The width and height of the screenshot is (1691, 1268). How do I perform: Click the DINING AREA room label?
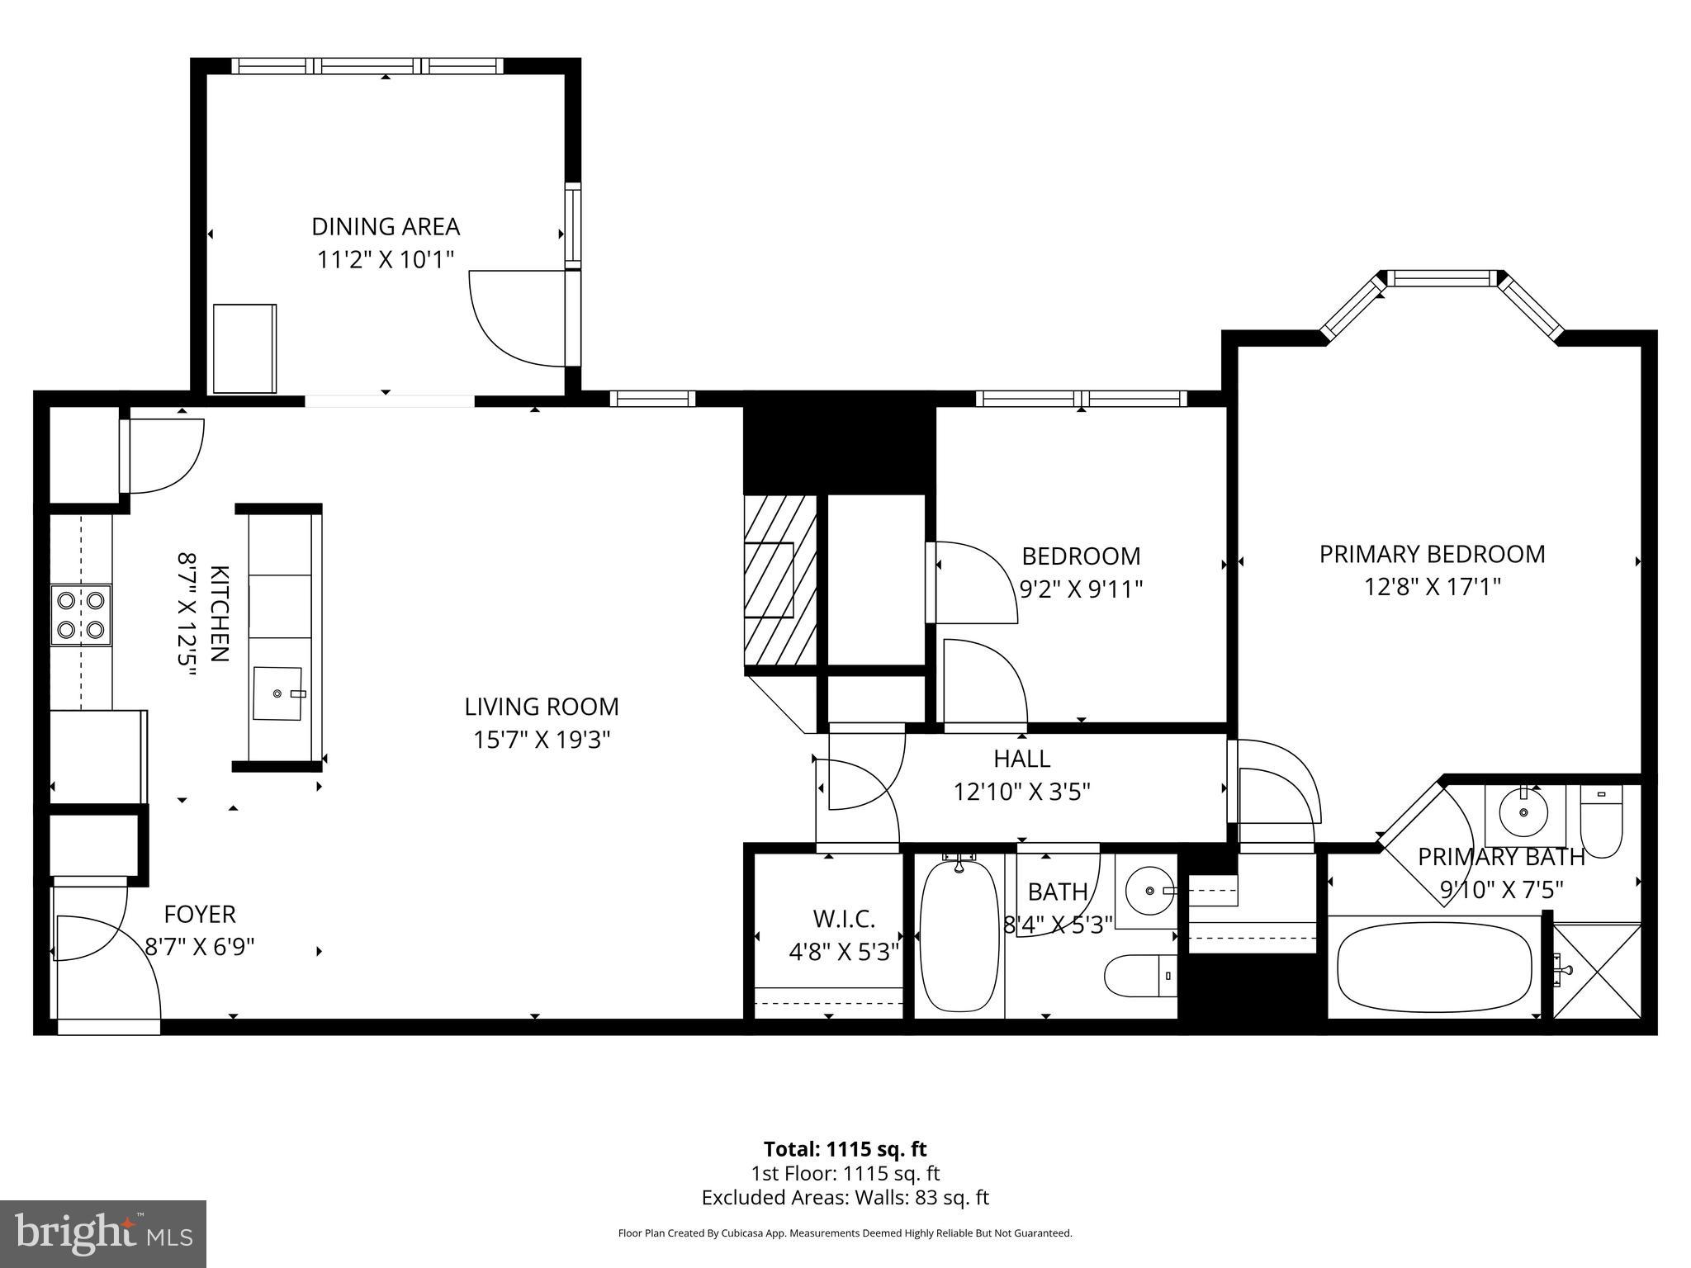(385, 226)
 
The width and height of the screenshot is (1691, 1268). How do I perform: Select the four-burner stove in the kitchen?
(81, 615)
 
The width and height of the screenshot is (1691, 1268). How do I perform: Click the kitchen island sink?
(278, 693)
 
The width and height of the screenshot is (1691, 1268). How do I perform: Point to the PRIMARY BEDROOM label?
(1432, 554)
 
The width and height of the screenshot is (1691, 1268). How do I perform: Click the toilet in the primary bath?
(1602, 821)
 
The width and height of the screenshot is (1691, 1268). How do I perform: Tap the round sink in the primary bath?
(1523, 812)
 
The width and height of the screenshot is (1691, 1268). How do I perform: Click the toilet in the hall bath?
(1140, 976)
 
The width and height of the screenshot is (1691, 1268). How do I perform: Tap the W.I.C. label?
(844, 918)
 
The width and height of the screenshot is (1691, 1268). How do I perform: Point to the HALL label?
(1021, 758)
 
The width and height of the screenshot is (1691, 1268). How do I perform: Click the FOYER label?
(200, 914)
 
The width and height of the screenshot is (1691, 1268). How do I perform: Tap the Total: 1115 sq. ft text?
(845, 1149)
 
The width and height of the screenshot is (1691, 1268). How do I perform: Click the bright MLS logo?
(103, 1234)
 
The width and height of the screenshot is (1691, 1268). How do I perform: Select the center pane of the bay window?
(1441, 278)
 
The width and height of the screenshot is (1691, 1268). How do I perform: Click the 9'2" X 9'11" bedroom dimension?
(1081, 589)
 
